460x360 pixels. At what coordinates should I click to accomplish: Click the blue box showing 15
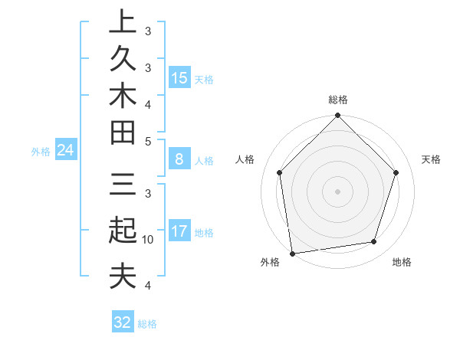(179, 78)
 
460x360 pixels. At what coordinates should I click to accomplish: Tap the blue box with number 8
(179, 159)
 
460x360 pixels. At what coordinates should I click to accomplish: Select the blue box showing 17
(179, 231)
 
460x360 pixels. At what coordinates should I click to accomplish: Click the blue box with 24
(66, 150)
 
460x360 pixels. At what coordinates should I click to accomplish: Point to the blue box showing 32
(123, 322)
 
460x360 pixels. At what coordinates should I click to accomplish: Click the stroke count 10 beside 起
(148, 240)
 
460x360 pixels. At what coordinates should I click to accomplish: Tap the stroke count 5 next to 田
(148, 142)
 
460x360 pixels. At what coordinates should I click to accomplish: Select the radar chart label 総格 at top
(337, 100)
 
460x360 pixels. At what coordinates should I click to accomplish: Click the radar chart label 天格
(432, 159)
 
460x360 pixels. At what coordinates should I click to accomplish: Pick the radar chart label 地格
(401, 263)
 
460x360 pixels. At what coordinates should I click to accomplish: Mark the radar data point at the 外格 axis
(292, 254)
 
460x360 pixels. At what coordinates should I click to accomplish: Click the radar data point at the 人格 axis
(280, 172)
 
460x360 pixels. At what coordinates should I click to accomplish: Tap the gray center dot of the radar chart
(337, 191)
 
